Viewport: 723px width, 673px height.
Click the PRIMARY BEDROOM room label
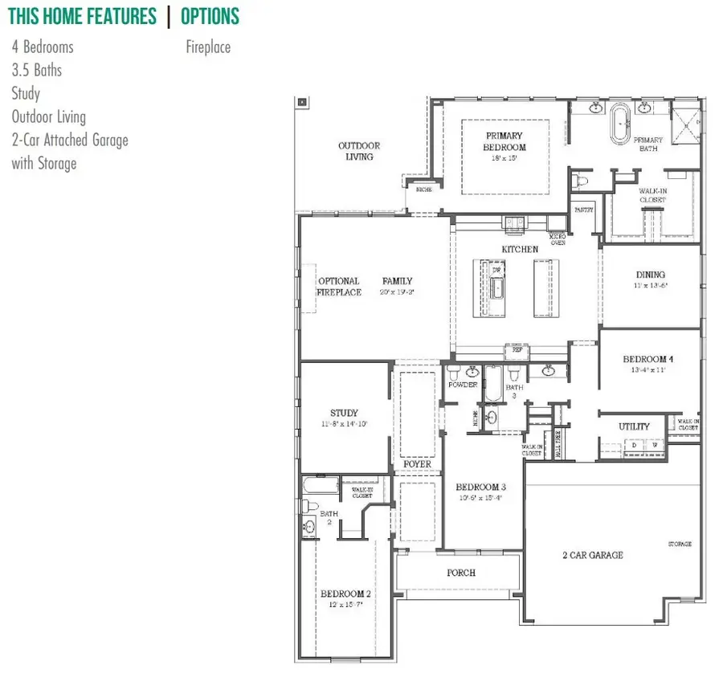504,141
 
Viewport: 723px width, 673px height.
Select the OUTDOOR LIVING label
359,151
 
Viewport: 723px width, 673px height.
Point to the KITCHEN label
520,250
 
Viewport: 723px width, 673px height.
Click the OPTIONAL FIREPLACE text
339,287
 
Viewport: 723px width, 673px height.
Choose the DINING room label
651,275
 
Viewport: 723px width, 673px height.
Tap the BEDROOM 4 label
647,359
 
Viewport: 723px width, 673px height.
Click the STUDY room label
344,414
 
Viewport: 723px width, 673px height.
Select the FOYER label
418,464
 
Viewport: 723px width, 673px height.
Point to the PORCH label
461,573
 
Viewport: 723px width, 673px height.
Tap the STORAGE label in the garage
680,545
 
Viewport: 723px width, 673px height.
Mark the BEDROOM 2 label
345,593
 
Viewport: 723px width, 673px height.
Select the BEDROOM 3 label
480,487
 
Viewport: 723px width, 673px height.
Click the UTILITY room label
634,426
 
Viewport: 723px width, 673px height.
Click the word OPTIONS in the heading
210,16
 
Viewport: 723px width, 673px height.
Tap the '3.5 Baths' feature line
36,70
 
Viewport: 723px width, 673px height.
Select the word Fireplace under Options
208,47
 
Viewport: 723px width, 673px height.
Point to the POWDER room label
463,385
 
